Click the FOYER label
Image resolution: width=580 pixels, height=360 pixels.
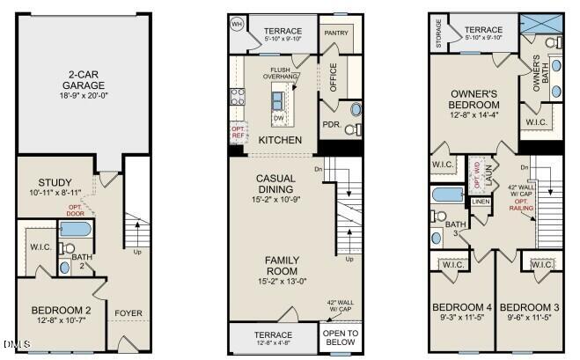128,311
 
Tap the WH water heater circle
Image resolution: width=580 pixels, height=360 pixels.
237,24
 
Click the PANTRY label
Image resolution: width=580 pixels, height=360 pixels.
336,33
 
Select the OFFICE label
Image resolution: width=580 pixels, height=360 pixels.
334,77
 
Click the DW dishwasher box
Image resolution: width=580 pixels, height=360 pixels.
278,118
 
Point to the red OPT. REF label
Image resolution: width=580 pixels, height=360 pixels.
238,132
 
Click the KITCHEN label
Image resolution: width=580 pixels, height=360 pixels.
282,140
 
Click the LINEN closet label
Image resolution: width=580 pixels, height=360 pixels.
480,202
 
